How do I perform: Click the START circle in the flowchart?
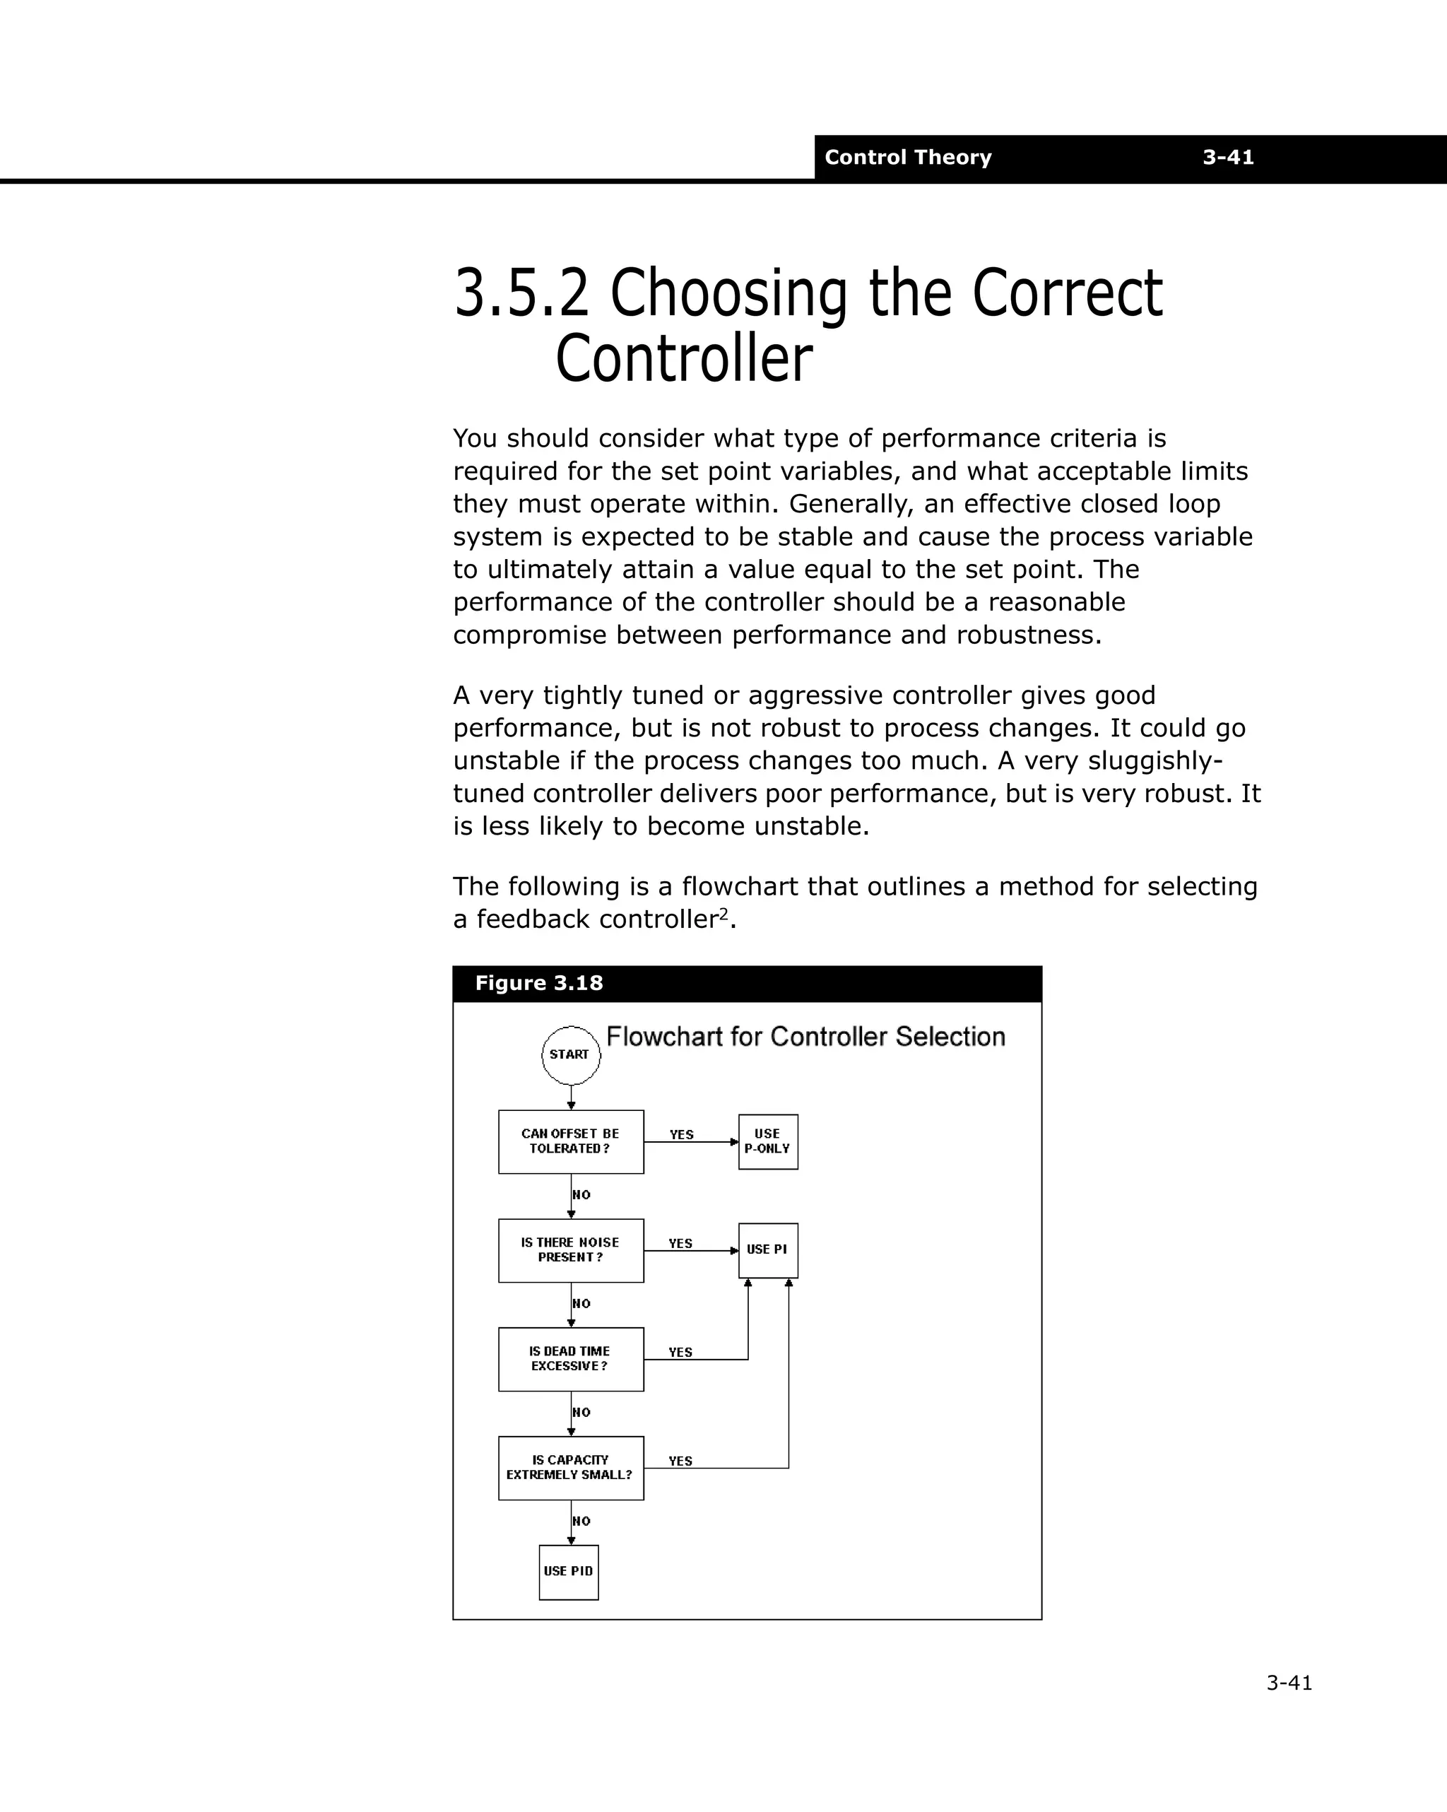pyautogui.click(x=571, y=1054)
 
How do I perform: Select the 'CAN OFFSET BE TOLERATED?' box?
pyautogui.click(x=571, y=1141)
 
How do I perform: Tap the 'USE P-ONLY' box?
pyautogui.click(x=768, y=1141)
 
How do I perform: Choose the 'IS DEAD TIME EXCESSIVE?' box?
pyautogui.click(x=571, y=1359)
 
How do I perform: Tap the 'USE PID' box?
pyautogui.click(x=569, y=1572)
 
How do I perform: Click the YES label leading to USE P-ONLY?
pyautogui.click(x=682, y=1134)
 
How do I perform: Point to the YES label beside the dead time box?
pyautogui.click(x=680, y=1352)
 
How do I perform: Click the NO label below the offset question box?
pyautogui.click(x=581, y=1195)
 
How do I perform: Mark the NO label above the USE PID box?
pyautogui.click(x=581, y=1522)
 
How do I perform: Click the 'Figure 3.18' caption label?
pyautogui.click(x=538, y=983)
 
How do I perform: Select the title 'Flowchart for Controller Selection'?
pyautogui.click(x=805, y=1037)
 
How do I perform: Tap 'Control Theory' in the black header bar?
pyautogui.click(x=907, y=157)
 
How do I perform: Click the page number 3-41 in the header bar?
pyautogui.click(x=1228, y=157)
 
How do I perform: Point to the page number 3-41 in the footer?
pyautogui.click(x=1289, y=1683)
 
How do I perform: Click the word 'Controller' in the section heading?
pyautogui.click(x=684, y=359)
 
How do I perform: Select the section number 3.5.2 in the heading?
pyautogui.click(x=521, y=293)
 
